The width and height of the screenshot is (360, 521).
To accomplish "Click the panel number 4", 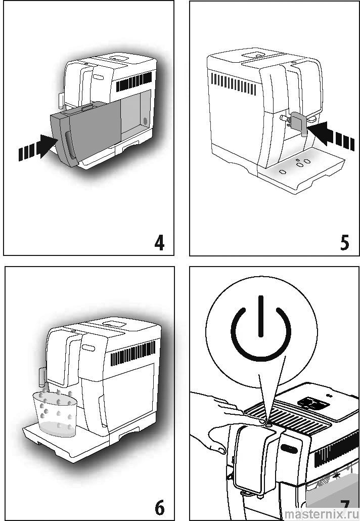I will (x=159, y=243).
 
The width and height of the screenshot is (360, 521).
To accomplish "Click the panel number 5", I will (x=344, y=243).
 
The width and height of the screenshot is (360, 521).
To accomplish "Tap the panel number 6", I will (x=159, y=506).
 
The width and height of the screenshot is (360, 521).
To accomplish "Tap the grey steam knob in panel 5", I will (x=298, y=124).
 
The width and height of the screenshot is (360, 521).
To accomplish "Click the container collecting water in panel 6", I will (x=55, y=412).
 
